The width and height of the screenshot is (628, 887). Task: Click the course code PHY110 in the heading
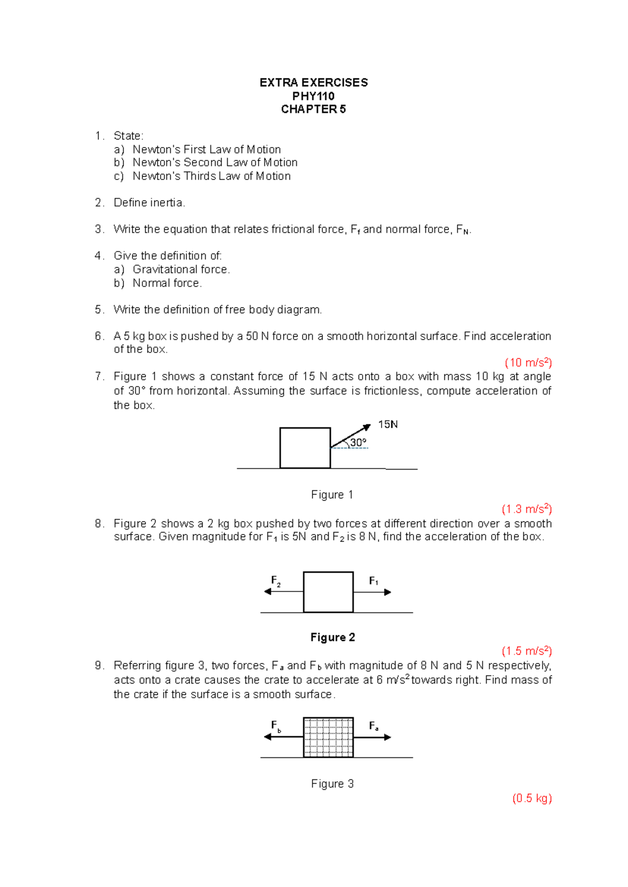coord(313,96)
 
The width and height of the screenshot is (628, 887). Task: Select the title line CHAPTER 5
coord(313,109)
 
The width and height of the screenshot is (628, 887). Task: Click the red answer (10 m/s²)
coord(528,363)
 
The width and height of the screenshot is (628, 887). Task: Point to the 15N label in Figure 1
coord(388,425)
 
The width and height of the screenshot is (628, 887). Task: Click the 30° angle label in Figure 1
coord(358,442)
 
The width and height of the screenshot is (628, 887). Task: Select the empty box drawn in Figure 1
coord(305,448)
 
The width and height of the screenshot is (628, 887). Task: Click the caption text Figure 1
coord(332,495)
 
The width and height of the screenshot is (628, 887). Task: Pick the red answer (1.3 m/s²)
coord(526,509)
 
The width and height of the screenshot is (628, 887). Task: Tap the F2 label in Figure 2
coord(275,581)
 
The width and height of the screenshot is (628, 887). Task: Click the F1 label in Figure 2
coord(374,581)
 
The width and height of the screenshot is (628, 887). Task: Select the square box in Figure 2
coord(328,592)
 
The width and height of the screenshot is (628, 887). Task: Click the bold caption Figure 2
coord(332,637)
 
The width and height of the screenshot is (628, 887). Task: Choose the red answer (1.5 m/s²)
coord(526,651)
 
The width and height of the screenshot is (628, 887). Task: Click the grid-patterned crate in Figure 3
coord(328,737)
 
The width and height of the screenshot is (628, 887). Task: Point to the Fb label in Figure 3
coord(275,726)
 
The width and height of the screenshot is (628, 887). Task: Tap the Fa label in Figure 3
coord(374,726)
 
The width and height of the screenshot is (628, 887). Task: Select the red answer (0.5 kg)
coord(532,798)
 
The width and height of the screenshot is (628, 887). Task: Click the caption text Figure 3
coord(332,783)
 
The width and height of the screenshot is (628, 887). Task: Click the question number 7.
coord(98,377)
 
